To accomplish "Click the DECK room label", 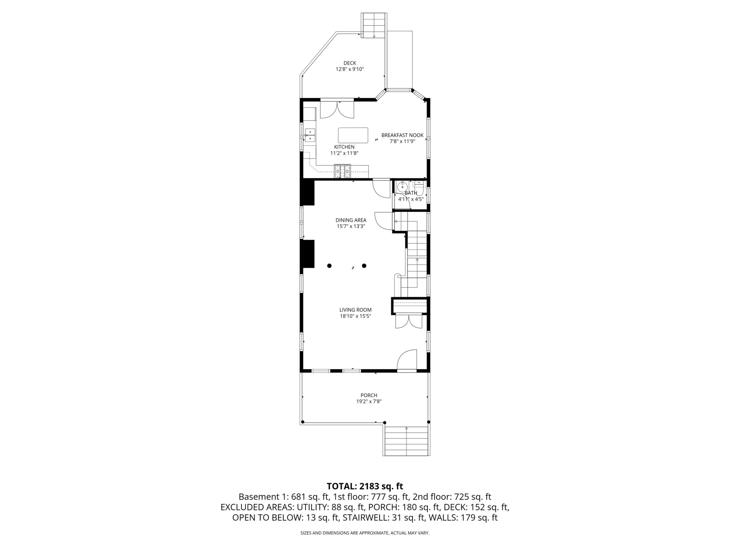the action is coord(349,63).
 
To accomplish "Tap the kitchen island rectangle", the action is coord(353,136).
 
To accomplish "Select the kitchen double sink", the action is coord(79,136).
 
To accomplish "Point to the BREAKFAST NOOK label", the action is coord(402,135).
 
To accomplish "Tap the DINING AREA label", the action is coord(351,220).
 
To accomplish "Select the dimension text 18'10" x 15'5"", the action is coord(355,316).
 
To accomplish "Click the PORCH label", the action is coord(369,395).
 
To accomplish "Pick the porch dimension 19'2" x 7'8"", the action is coord(369,402).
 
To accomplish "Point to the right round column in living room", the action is coord(364,266).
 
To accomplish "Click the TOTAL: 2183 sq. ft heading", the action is coord(365,486).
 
